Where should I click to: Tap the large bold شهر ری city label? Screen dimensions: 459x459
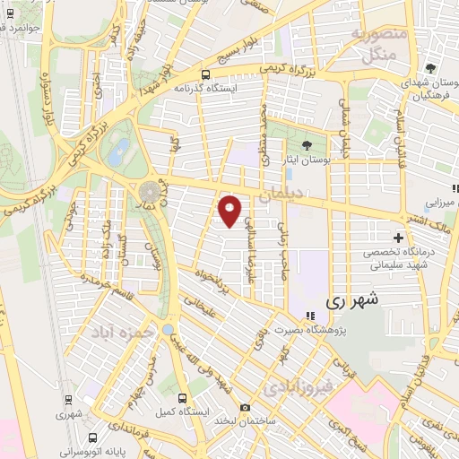coord(352,300)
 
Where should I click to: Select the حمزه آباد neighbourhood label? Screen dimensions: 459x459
coord(119,331)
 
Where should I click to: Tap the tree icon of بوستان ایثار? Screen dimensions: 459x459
coord(307,145)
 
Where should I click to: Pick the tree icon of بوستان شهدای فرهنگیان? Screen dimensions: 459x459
coord(431,68)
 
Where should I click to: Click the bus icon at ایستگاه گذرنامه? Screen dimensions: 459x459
coord(207,75)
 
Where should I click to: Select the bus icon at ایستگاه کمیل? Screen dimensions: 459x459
coord(183,399)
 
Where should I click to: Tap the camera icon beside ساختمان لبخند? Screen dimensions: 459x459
coord(245,408)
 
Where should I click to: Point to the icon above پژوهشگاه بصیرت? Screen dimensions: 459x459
coord(310,316)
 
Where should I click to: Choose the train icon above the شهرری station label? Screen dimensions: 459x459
coord(69,400)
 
